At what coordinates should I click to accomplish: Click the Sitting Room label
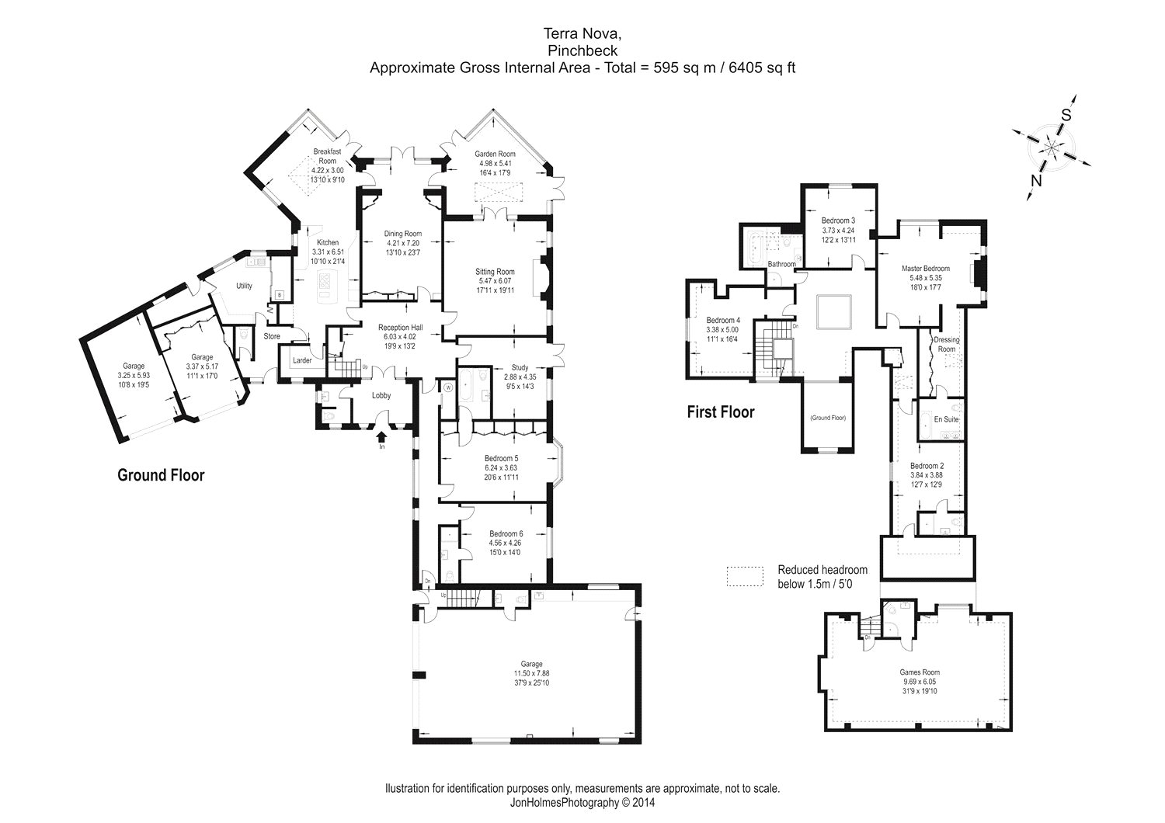[x=495, y=272]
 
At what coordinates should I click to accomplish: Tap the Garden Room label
[x=495, y=154]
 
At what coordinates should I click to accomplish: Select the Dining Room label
[x=403, y=234]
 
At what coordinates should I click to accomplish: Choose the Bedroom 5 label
[x=500, y=458]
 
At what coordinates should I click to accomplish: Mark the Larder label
[x=301, y=359]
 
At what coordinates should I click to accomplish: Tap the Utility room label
[x=244, y=286]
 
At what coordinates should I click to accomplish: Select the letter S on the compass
[x=1066, y=114]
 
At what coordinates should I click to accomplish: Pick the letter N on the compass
[x=1035, y=181]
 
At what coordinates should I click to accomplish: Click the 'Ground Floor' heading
[x=161, y=474]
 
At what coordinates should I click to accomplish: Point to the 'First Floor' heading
[x=720, y=411]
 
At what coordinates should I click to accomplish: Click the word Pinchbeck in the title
[x=582, y=50]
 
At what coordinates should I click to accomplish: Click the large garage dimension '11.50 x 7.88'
[x=531, y=673]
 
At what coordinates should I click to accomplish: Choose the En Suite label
[x=946, y=419]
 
